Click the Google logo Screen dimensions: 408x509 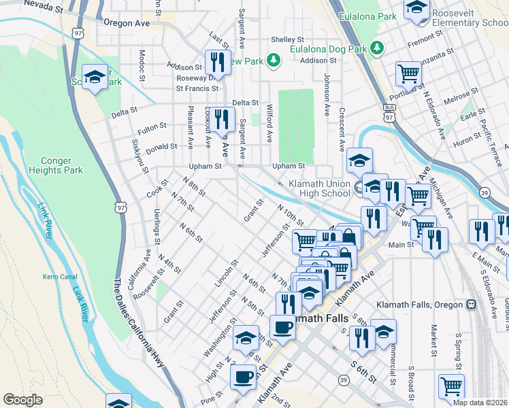[22, 400]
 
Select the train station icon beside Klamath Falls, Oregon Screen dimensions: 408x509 [470, 305]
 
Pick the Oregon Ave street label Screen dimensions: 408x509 [127, 22]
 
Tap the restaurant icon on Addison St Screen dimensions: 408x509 [216, 62]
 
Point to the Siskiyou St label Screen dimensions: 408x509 [139, 156]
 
